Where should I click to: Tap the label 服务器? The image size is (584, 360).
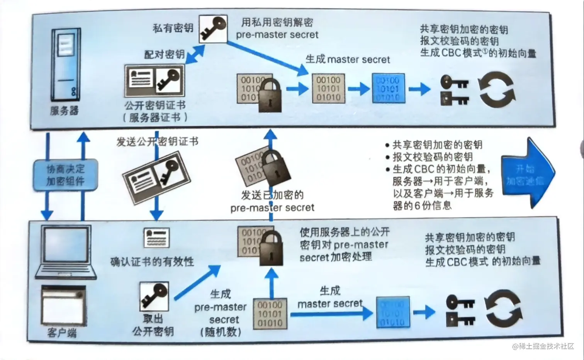pyautogui.click(x=64, y=111)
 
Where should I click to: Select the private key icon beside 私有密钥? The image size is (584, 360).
pyautogui.click(x=213, y=29)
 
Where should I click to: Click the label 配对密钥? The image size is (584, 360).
pyautogui.click(x=164, y=54)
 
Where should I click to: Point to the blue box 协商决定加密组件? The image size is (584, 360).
pyautogui.click(x=65, y=175)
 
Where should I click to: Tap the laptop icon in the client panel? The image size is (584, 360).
pyautogui.click(x=66, y=251)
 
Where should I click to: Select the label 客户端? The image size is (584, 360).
pyautogui.click(x=62, y=333)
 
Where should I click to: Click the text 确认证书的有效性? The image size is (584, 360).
pyautogui.click(x=152, y=262)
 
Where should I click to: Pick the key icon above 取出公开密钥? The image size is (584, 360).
pyautogui.click(x=154, y=296)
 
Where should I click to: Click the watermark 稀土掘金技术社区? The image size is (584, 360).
pyautogui.click(x=543, y=346)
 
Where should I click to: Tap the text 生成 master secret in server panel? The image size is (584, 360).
pyautogui.click(x=348, y=59)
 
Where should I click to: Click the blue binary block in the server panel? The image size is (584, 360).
pyautogui.click(x=388, y=88)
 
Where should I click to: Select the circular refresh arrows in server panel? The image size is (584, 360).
pyautogui.click(x=497, y=90)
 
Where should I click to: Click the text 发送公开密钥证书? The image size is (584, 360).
pyautogui.click(x=158, y=142)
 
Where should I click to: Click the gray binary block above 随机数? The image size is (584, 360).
pyautogui.click(x=270, y=314)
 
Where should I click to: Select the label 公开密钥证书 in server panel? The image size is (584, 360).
pyautogui.click(x=155, y=105)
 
